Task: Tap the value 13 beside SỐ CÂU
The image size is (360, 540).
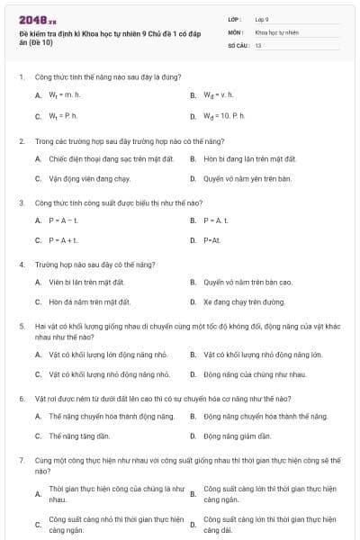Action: [x=258, y=44]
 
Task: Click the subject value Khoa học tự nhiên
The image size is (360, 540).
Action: [x=275, y=31]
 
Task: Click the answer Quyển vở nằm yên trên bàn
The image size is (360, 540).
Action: [x=247, y=178]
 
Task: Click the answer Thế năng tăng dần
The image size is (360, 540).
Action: [x=79, y=436]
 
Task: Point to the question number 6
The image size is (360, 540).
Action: [x=21, y=397]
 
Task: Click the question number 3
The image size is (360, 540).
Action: [x=21, y=202]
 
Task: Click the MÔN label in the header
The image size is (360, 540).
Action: [x=236, y=31]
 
